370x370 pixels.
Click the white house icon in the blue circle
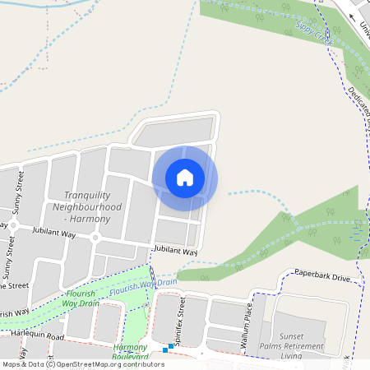coord(185,178)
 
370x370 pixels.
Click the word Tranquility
coord(93,195)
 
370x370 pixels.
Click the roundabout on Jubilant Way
coord(95,238)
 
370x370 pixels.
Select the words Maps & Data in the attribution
coord(22,364)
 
